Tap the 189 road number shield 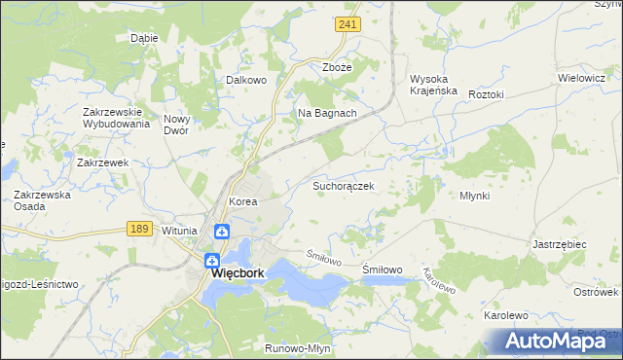point(138,228)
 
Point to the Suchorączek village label point(343,184)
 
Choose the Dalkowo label point(246,81)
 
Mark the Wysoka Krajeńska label point(434,84)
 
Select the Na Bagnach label point(327,113)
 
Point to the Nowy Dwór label point(183,124)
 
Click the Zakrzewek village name point(103,162)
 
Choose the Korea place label point(241,201)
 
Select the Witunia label point(180,231)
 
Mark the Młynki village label point(474,196)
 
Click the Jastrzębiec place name point(559,245)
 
